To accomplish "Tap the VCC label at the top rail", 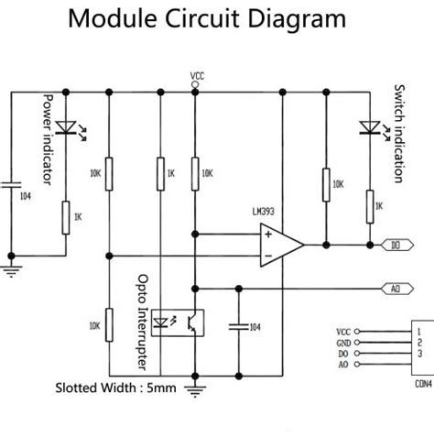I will tap(196, 74).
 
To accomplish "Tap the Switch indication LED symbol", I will tap(370, 127).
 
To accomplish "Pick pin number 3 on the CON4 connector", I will tap(418, 354).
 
